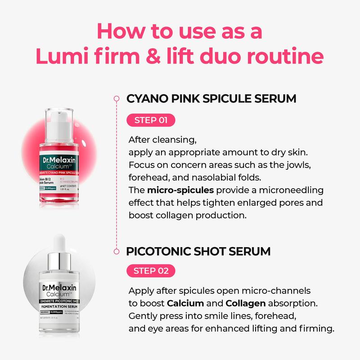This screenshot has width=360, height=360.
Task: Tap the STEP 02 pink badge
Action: (152, 270)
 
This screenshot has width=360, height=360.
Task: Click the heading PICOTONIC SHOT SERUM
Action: (198, 251)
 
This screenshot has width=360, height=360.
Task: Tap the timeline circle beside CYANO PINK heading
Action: (117, 99)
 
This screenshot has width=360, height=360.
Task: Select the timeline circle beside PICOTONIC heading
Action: (117, 251)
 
